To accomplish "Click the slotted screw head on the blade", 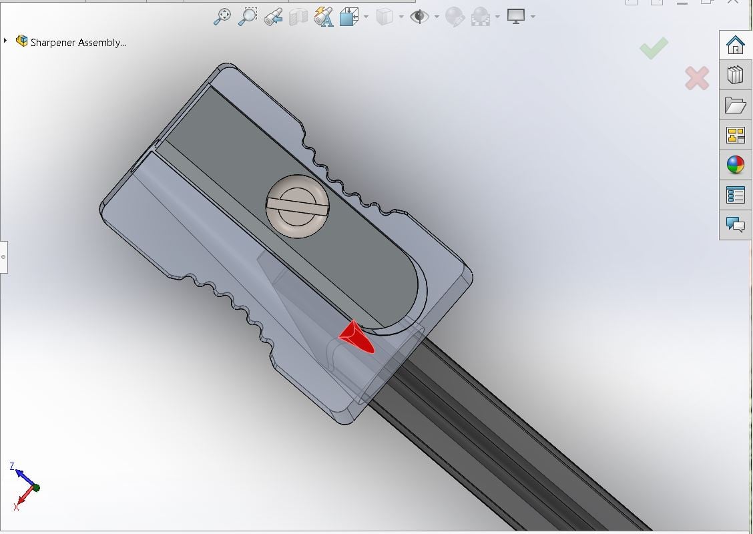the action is (x=297, y=206).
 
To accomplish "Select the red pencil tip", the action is (x=357, y=338).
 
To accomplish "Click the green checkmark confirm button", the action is (x=654, y=48).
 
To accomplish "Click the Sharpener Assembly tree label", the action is (x=78, y=42).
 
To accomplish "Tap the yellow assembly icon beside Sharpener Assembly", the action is (x=21, y=41).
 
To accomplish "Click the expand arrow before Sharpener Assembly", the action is (x=5, y=41).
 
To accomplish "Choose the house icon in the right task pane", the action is (x=735, y=45).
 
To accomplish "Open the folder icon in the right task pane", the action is (x=735, y=105).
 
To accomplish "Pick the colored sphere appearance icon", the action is (x=735, y=165).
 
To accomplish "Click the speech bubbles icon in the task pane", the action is (x=735, y=224).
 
